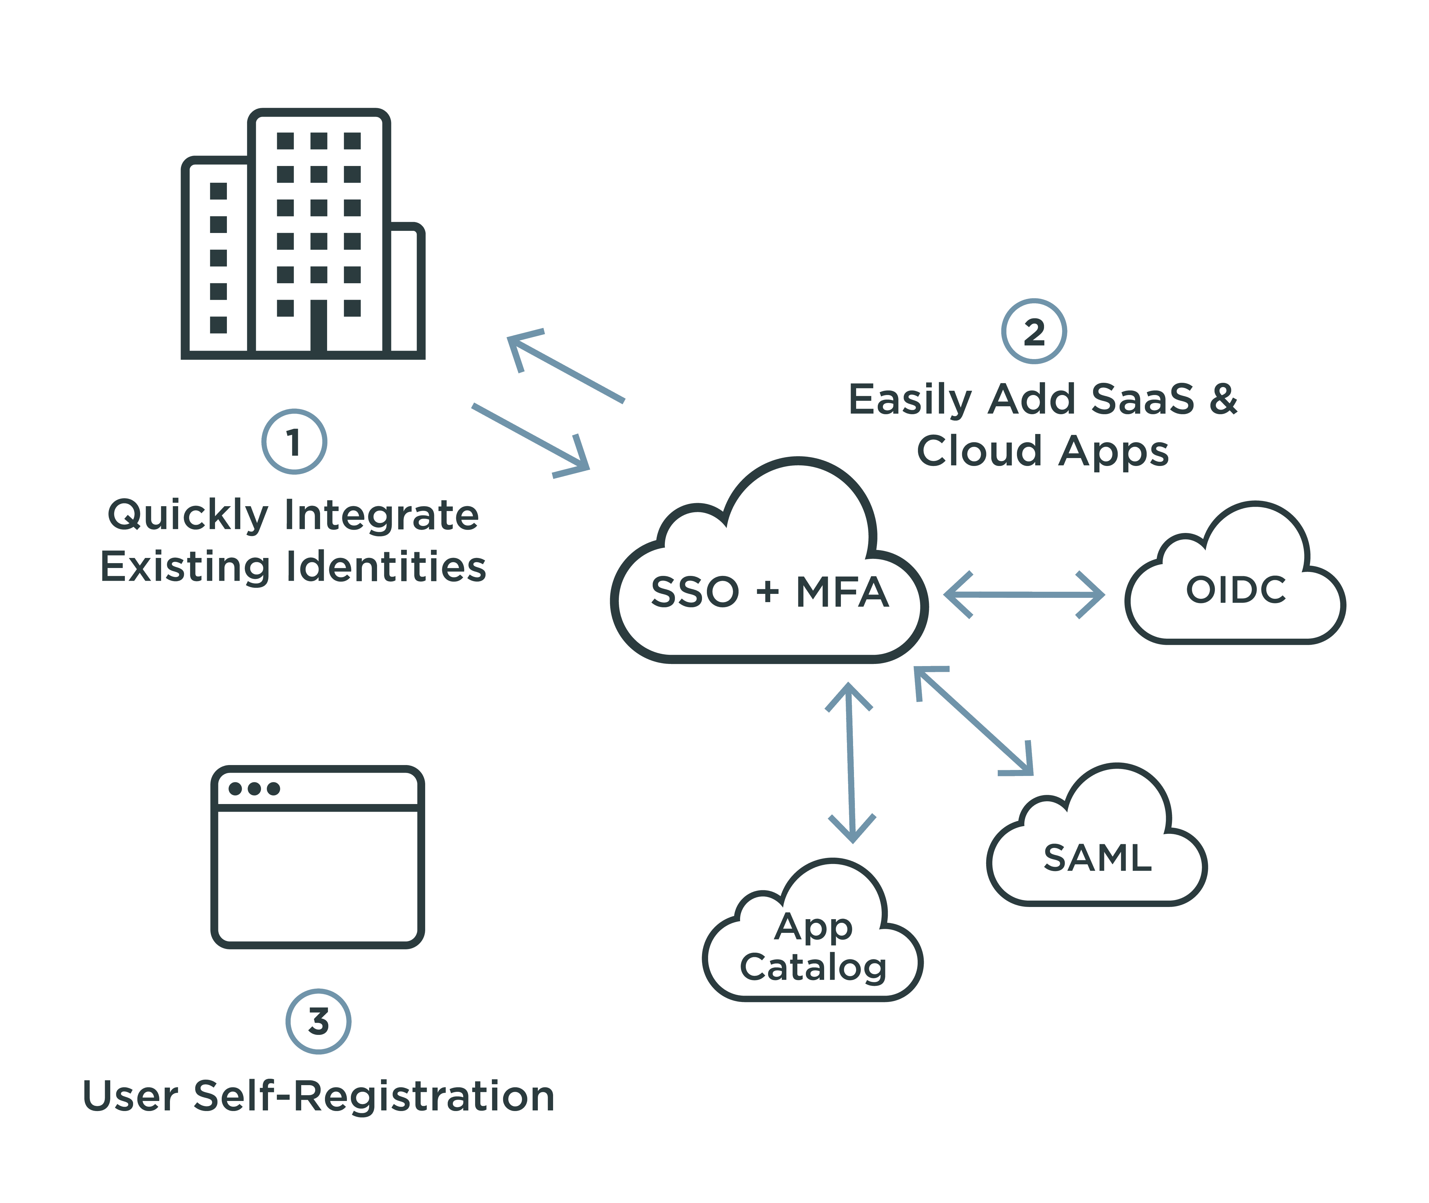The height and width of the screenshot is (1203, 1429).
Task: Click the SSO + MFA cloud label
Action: coord(769,592)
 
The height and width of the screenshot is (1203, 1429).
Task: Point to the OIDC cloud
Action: coord(1235,590)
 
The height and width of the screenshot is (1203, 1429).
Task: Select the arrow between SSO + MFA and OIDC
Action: coord(1024,595)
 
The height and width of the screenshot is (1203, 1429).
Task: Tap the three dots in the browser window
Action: coord(254,789)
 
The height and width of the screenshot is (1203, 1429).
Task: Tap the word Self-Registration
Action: coord(374,1096)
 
